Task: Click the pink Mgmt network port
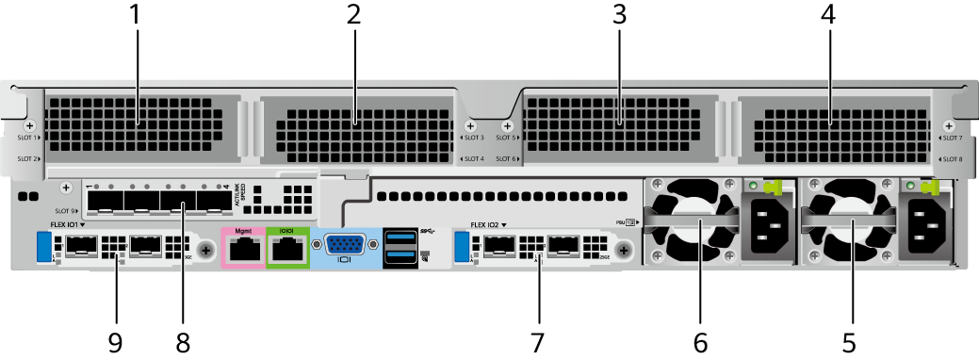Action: tap(244, 248)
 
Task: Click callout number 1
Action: tap(137, 15)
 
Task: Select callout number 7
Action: tap(538, 340)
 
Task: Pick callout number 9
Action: tap(115, 340)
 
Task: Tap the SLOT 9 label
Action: tap(65, 211)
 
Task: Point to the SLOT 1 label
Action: tap(28, 138)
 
